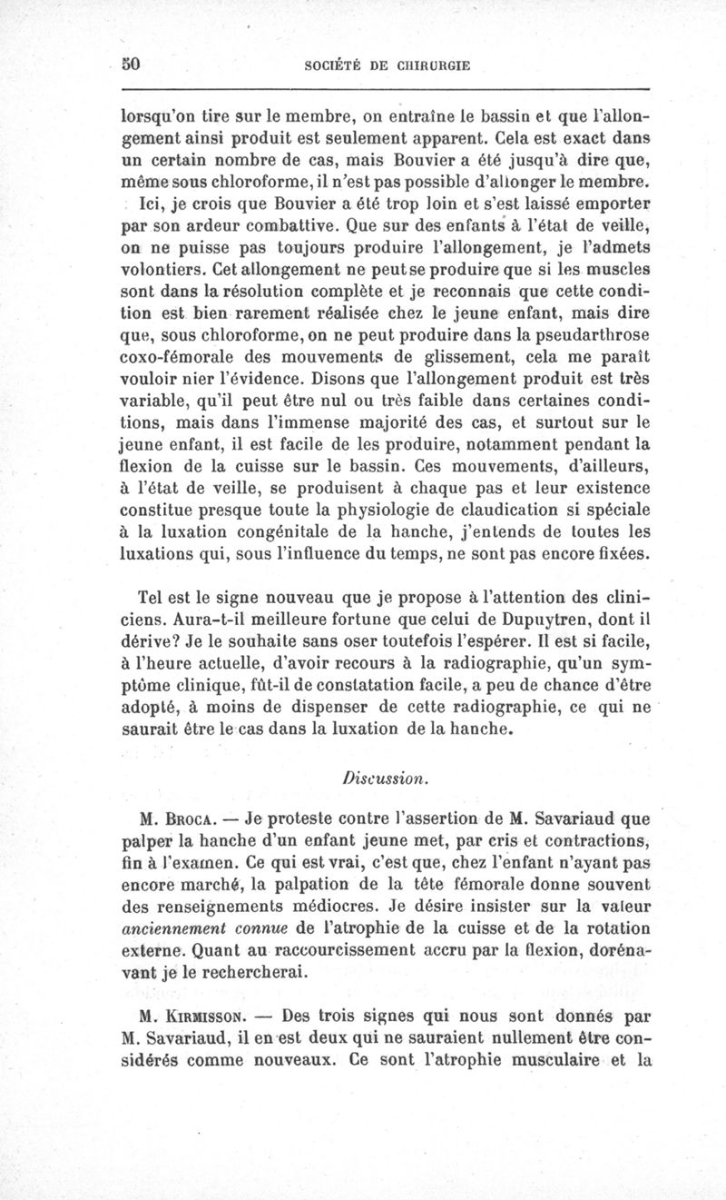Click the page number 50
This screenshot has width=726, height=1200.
(x=135, y=64)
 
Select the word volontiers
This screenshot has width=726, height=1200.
(x=164, y=270)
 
